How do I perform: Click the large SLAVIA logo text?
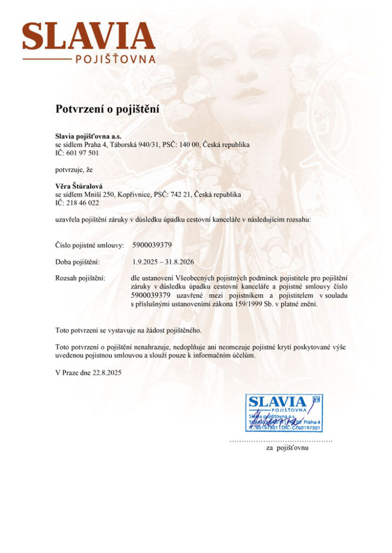tap(88, 36)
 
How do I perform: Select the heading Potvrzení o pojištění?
tap(108, 109)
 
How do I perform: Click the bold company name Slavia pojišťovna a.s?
tap(89, 137)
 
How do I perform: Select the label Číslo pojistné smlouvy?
tap(90, 245)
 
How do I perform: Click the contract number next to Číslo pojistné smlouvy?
tap(152, 245)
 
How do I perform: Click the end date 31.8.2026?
tap(179, 262)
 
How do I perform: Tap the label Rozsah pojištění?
tap(80, 278)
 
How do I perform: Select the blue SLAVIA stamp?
tap(284, 413)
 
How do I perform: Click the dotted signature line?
tap(281, 441)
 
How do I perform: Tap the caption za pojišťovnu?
tap(287, 448)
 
